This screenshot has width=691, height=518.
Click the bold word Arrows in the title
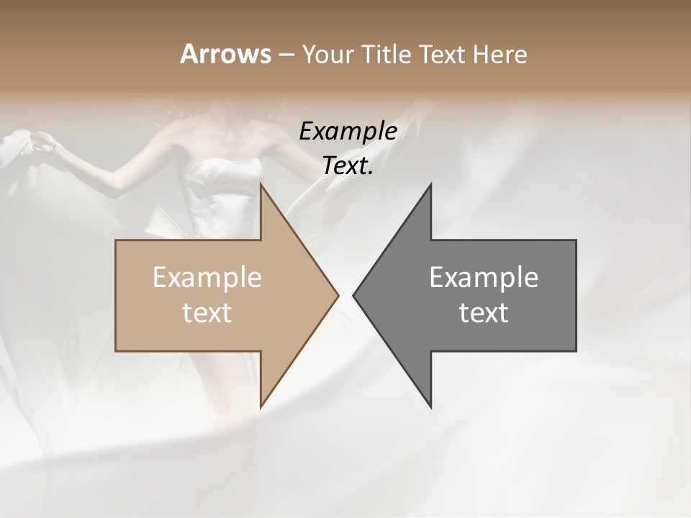225,54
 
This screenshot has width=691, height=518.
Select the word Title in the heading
387,54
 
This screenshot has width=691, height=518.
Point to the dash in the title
286,55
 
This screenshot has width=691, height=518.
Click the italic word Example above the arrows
348,132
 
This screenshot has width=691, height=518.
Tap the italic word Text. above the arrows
348,166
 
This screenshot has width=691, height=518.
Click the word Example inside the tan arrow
207,278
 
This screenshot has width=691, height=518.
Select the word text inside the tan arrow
207,313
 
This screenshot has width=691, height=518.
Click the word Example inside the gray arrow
484,278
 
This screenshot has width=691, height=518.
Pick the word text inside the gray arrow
484,313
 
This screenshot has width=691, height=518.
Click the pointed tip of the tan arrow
338,295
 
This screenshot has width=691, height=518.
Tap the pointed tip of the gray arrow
354,295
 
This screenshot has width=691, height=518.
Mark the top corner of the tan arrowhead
261,184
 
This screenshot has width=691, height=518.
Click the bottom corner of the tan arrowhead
261,406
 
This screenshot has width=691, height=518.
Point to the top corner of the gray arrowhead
430,184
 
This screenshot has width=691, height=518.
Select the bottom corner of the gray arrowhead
430,406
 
